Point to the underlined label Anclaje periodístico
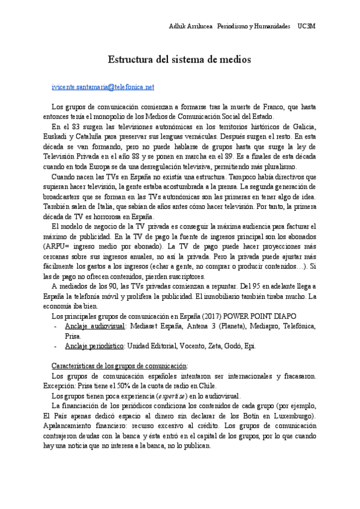pyautogui.click(x=94, y=346)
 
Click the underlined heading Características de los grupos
pyautogui.click(x=120, y=366)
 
